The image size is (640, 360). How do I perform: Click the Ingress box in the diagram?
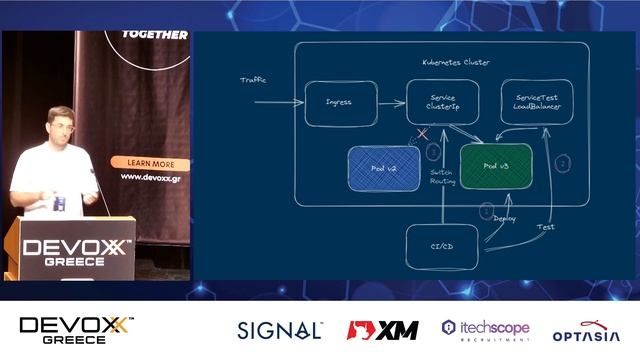click(340, 103)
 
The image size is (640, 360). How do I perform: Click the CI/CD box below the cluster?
click(441, 246)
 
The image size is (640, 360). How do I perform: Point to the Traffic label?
click(254, 80)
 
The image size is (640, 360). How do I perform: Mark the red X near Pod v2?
click(422, 133)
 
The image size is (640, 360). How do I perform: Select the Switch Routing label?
click(442, 178)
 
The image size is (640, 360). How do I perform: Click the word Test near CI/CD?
click(545, 227)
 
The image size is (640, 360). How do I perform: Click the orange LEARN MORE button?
click(150, 163)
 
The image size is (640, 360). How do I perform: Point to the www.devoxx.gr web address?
click(150, 177)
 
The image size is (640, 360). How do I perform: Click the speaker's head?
click(57, 125)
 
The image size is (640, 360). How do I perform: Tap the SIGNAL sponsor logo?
click(279, 330)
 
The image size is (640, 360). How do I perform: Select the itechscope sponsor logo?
click(484, 330)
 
